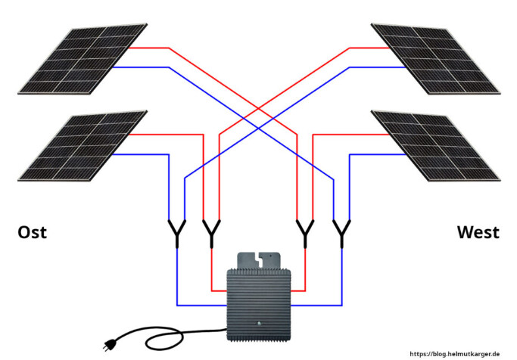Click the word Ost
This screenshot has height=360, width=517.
click(32, 232)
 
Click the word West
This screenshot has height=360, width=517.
click(478, 232)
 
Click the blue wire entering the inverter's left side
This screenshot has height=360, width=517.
click(201, 306)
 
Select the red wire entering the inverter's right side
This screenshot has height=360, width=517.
click(297, 290)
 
